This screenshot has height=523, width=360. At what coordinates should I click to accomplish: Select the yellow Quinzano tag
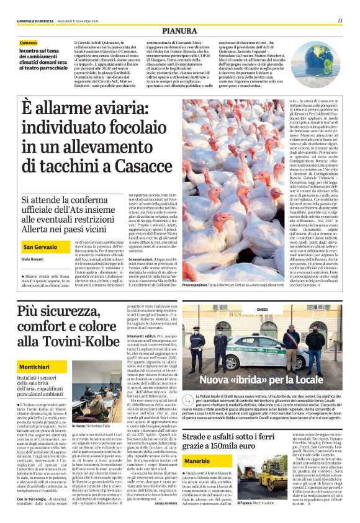pyautogui.click(x=29, y=42)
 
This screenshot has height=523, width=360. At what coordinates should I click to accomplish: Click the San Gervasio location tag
pyautogui.click(x=40, y=229)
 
